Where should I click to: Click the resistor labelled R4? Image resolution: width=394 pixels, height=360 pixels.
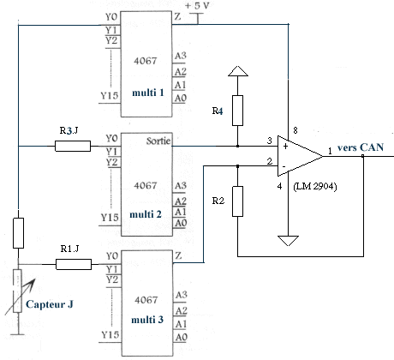237,111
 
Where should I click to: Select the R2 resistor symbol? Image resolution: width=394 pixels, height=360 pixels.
237,201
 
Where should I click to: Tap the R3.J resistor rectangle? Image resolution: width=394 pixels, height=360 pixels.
73,146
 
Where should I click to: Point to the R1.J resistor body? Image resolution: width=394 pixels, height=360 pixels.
74,264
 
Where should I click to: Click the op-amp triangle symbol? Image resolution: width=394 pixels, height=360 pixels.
300,156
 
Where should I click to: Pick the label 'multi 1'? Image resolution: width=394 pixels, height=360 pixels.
148,93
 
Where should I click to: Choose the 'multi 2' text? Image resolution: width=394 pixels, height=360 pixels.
146,214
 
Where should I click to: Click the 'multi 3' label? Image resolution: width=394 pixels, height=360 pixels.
147,320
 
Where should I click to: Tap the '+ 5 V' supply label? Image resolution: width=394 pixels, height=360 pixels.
197,6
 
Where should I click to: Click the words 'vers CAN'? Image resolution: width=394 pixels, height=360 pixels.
361,147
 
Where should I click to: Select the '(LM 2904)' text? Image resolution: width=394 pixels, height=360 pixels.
315,186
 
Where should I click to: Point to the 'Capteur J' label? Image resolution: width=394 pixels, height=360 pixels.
50,304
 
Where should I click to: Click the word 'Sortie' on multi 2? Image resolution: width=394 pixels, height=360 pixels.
158,141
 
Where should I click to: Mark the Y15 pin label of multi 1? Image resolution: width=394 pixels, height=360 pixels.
110,95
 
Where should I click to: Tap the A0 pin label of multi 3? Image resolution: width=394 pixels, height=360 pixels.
182,337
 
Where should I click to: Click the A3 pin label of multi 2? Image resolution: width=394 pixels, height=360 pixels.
181,186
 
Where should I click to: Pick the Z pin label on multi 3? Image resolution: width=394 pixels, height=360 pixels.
178,255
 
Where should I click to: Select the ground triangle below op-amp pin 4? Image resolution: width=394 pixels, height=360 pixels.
288,241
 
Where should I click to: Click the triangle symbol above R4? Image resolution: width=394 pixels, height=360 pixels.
238,71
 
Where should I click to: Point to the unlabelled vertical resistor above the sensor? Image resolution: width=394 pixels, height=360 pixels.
18,233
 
